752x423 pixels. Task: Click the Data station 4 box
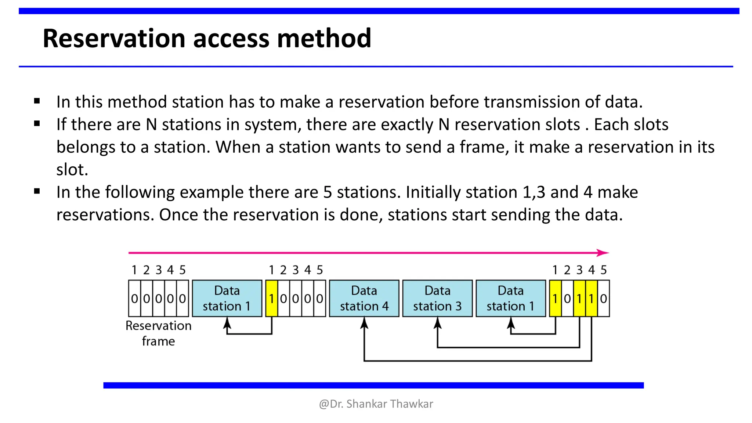pyautogui.click(x=364, y=298)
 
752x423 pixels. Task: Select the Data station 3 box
pyautogui.click(x=437, y=298)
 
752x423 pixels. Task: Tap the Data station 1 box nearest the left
pyautogui.click(x=227, y=298)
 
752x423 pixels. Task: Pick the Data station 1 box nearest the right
pyautogui.click(x=510, y=298)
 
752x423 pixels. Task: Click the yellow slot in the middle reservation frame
pyautogui.click(x=272, y=299)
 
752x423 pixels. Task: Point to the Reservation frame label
pyautogui.click(x=158, y=333)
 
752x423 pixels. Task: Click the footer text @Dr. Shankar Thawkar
pyautogui.click(x=376, y=404)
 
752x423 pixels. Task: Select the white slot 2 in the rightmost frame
pyautogui.click(x=567, y=299)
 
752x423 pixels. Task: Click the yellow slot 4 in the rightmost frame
pyautogui.click(x=591, y=299)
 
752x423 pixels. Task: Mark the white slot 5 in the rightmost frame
pyautogui.click(x=603, y=299)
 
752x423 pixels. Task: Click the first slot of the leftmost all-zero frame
pyautogui.click(x=134, y=299)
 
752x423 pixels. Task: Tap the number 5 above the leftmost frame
pyautogui.click(x=182, y=270)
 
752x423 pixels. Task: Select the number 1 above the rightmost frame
pyautogui.click(x=555, y=270)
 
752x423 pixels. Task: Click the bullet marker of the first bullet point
pyautogui.click(x=37, y=101)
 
